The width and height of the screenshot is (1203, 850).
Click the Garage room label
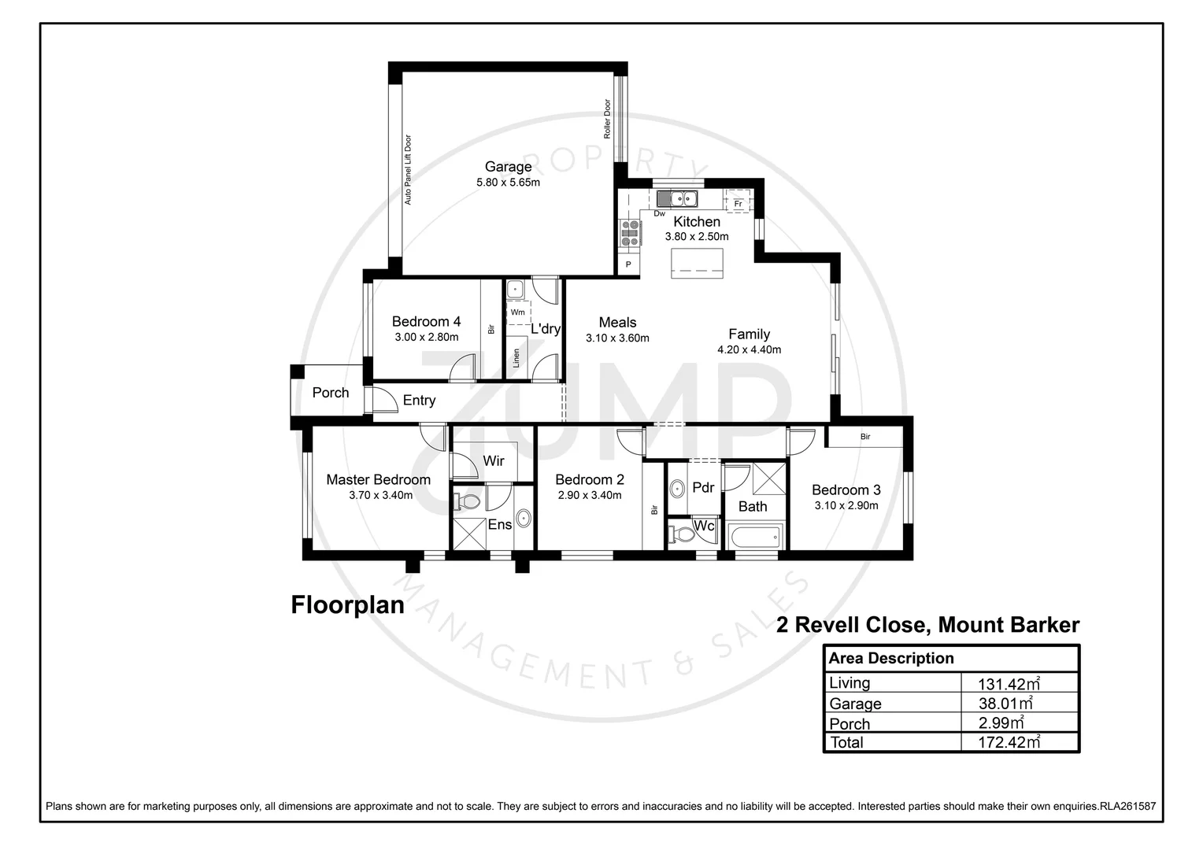[x=508, y=166]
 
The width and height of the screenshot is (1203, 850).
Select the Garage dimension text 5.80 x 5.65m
[x=508, y=183]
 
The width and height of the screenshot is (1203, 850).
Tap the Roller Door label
[x=607, y=119]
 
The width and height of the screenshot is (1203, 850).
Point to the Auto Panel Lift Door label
[x=408, y=170]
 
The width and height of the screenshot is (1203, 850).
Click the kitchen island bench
[x=697, y=263]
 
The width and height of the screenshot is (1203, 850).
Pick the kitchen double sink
[x=679, y=198]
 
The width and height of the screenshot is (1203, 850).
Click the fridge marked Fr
[x=738, y=202]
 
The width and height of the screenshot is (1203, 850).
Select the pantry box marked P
[x=628, y=265]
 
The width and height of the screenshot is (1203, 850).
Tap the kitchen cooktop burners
[x=630, y=232]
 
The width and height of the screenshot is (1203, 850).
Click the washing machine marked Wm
[x=517, y=312]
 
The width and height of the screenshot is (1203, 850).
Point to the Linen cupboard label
[x=516, y=358]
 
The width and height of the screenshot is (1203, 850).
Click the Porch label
[x=331, y=393]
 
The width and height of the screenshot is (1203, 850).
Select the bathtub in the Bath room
[x=755, y=538]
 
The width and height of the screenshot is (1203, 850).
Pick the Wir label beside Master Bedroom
[x=494, y=460]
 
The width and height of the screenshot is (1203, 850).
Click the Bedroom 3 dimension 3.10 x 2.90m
[x=846, y=506]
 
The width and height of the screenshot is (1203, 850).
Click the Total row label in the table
[x=846, y=742]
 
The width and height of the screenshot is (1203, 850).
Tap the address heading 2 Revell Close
[x=927, y=625]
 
